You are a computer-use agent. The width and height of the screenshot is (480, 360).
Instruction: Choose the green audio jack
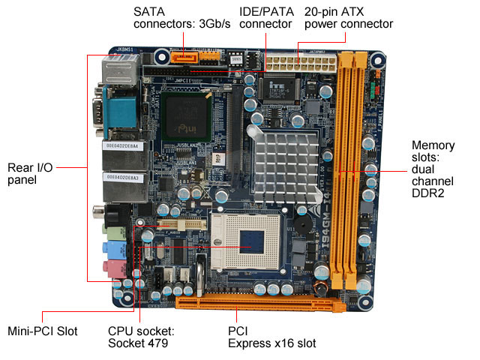click(110, 234)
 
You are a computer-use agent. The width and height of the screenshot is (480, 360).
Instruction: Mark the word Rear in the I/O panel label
click(22, 166)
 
